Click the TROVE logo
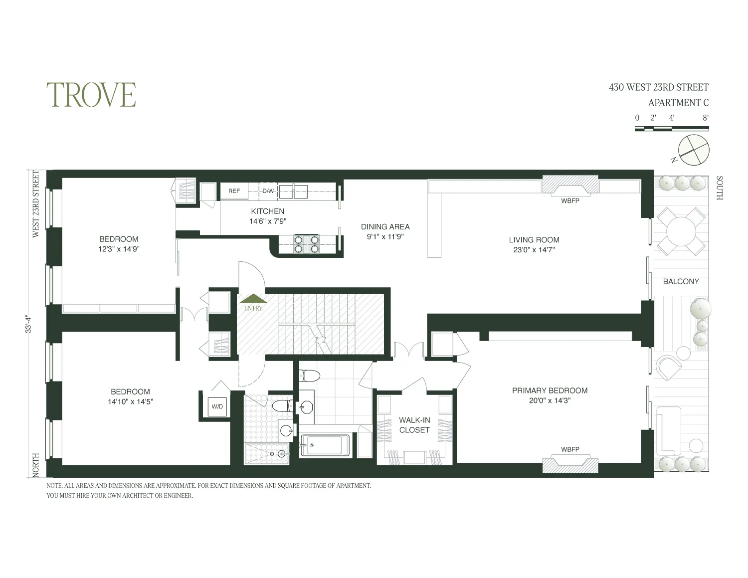pos(91,95)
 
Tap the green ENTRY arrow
pos(253,299)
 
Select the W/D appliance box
pos(217,406)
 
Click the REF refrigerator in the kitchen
pos(234,191)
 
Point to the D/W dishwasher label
pos(268,191)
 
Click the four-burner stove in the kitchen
pos(306,243)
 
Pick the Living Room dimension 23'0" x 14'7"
pos(534,250)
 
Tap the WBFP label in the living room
pos(570,201)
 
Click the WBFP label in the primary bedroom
pos(570,449)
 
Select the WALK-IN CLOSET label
pos(414,425)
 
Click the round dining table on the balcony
pos(681,231)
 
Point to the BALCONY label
pos(681,282)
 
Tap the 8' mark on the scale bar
pos(705,118)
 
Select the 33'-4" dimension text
pos(30,322)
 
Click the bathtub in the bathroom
pos(325,445)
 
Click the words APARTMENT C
pos(678,103)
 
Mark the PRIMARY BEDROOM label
pos(550,390)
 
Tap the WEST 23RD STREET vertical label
pos(36,204)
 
